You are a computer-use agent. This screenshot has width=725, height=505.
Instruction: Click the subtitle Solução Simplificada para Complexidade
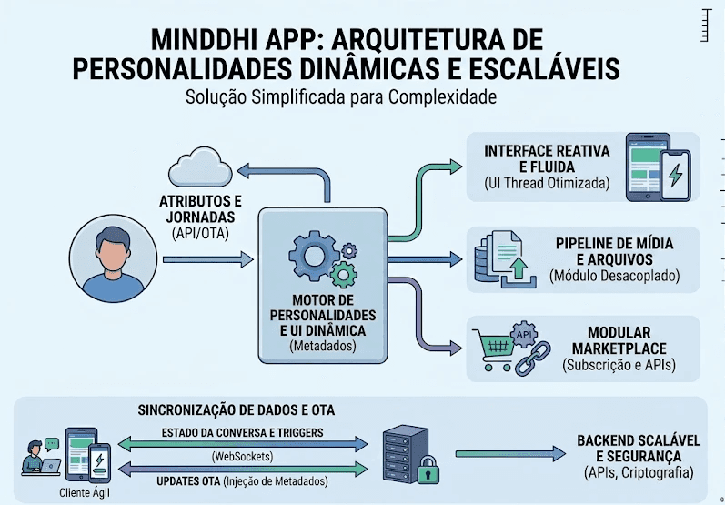(340, 97)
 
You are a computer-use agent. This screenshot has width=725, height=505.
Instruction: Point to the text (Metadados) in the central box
(323, 347)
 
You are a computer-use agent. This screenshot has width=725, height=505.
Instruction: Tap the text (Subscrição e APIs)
(619, 366)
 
